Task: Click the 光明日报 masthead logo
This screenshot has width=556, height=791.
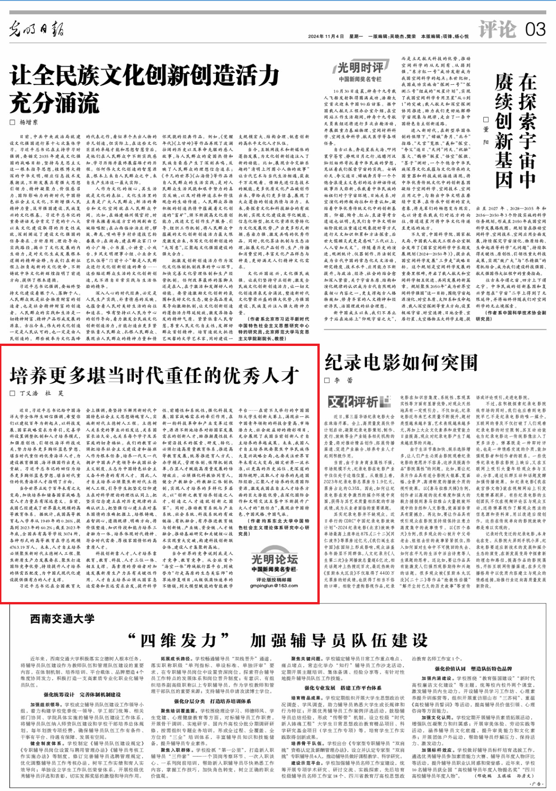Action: click(36, 29)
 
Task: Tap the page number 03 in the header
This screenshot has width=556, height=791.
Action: click(535, 30)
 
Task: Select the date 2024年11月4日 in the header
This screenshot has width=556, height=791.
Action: click(326, 36)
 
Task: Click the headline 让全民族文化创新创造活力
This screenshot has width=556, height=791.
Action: click(145, 75)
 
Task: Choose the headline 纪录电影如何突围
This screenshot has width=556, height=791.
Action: click(401, 363)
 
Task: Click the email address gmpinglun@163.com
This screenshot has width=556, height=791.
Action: click(274, 585)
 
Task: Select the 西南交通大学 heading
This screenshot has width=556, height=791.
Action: click(63, 619)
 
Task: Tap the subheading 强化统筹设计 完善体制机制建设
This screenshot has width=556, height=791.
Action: click(82, 695)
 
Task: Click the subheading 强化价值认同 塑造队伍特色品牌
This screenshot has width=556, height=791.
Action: click(473, 669)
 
